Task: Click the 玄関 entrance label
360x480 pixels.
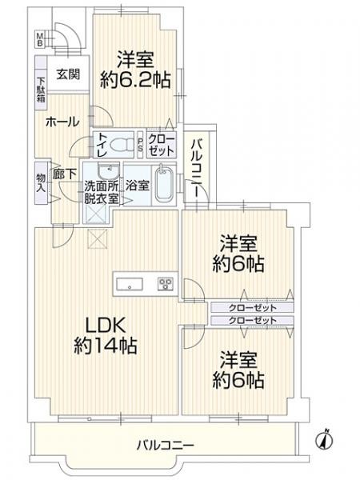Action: pos(67,74)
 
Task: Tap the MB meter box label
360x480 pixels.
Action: pos(39,40)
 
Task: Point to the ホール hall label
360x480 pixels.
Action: pos(62,122)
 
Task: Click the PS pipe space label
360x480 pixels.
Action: pos(140,146)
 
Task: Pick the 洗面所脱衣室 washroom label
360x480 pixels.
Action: pos(102,193)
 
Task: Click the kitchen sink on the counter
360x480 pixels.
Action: pos(129,283)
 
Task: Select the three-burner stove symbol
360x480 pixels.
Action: pos(166,283)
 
